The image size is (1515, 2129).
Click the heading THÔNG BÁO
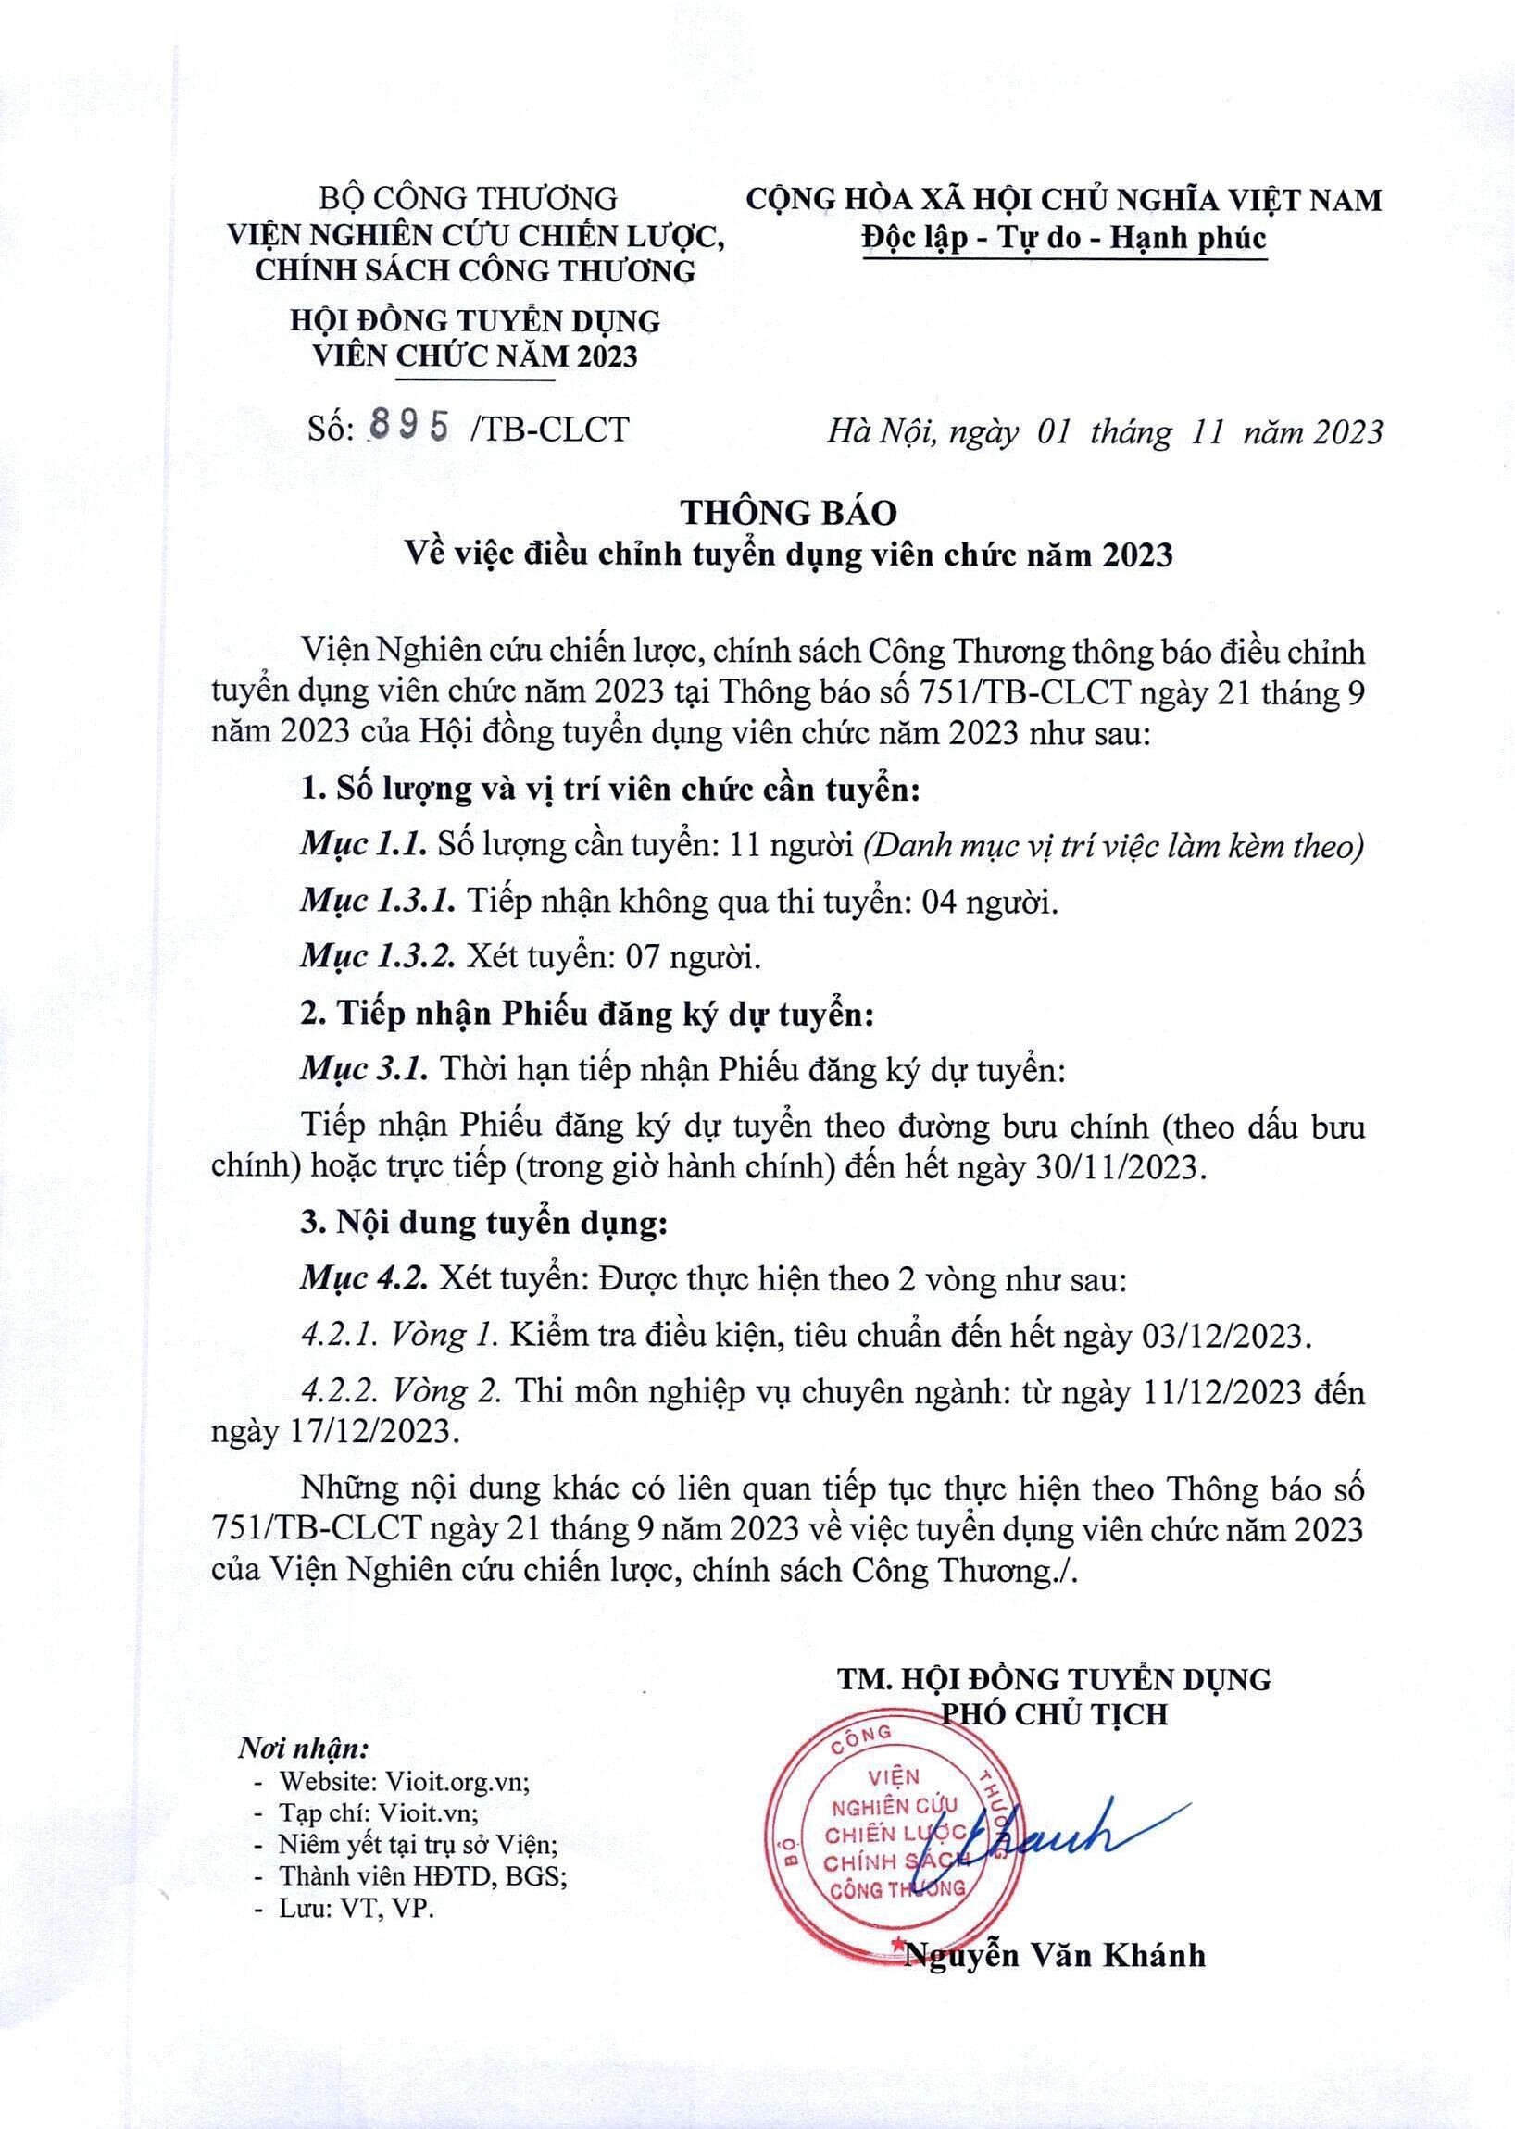[788, 513]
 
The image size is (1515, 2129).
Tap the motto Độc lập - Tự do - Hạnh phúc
[1063, 238]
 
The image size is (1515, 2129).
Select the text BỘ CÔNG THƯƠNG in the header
[469, 199]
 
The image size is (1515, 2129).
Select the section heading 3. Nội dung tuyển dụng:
[484, 1223]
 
